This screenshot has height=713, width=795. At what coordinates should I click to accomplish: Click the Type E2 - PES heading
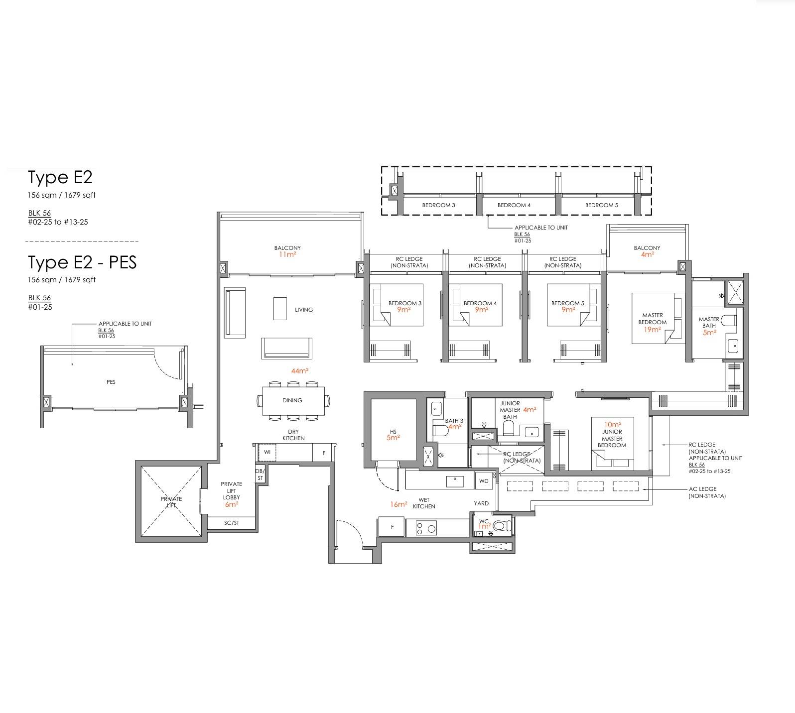82,262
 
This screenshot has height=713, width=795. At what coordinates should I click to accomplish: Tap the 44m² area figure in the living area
300,371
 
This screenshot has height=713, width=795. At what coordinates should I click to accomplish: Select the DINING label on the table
292,400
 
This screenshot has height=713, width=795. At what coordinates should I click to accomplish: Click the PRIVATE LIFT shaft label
171,502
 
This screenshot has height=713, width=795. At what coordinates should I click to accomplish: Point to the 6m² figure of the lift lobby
231,504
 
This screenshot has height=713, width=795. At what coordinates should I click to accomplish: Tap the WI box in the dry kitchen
267,452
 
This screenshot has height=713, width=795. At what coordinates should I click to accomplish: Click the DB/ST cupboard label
260,475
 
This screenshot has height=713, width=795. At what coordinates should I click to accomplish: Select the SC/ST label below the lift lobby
232,523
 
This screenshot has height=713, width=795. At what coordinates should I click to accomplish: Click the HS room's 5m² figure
393,438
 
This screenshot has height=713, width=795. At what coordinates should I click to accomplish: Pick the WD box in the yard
484,481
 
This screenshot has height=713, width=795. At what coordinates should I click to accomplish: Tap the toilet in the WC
503,526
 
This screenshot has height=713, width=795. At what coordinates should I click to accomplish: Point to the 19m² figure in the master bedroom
652,330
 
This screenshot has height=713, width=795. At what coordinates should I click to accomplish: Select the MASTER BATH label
709,323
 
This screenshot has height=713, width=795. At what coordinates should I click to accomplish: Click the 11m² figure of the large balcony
287,254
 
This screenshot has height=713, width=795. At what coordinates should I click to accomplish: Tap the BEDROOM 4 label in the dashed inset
514,205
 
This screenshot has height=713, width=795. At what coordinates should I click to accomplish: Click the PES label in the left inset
111,382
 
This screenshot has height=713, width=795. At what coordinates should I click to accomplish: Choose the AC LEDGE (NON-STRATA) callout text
707,492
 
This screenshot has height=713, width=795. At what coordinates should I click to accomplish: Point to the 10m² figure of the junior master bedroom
612,425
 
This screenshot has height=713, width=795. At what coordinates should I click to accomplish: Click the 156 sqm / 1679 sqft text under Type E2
62,195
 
